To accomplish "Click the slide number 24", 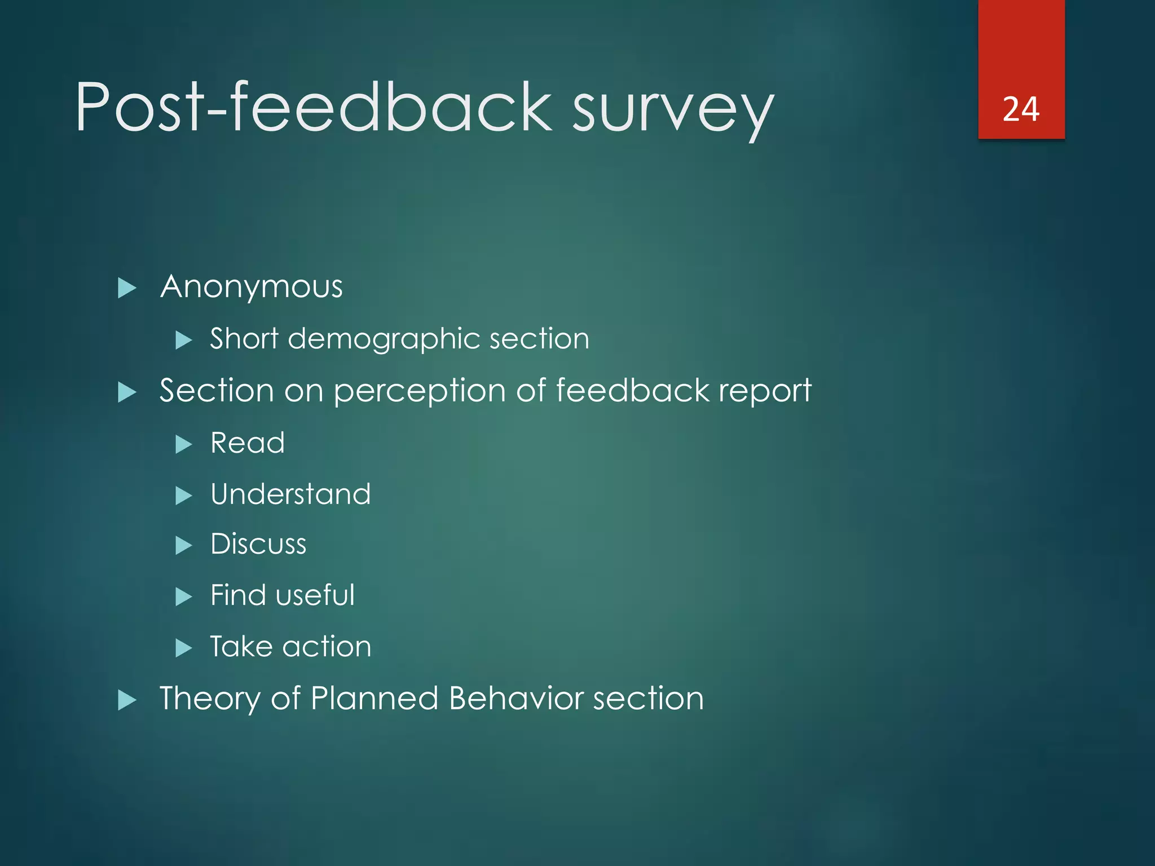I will click(1021, 109).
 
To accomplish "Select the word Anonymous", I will click(252, 287).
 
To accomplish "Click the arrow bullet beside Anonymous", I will click(127, 288).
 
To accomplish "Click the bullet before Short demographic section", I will click(184, 340).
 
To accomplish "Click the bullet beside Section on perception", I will click(127, 392).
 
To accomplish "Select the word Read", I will click(248, 443).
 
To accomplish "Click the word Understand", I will click(290, 494).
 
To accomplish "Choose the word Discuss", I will click(258, 544).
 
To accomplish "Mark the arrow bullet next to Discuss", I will click(184, 546).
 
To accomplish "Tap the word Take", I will click(241, 647).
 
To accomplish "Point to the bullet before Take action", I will click(184, 648).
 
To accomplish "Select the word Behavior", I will click(515, 699).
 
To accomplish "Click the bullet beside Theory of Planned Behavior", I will click(127, 700).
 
